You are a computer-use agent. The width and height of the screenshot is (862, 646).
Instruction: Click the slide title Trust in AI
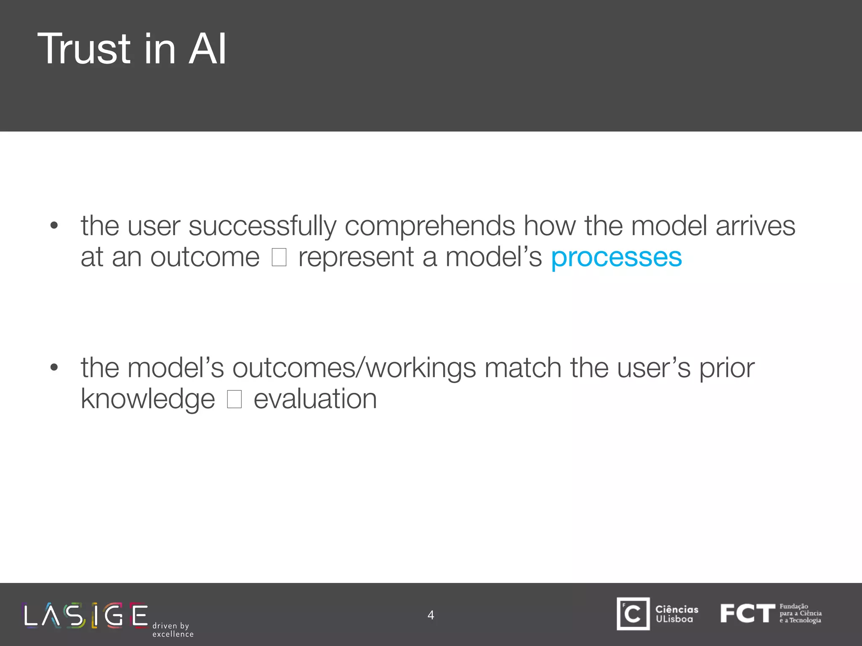[x=132, y=49]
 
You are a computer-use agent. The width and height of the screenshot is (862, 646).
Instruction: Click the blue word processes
[x=616, y=257]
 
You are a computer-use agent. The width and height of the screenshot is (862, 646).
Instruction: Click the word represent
[x=356, y=257]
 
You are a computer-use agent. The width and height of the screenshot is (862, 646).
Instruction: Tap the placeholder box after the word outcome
[x=279, y=257]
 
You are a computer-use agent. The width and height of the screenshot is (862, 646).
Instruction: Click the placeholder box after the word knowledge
[x=234, y=399]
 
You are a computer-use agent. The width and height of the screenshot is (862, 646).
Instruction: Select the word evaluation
[x=315, y=399]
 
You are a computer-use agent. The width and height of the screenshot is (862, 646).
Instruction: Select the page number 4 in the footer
[x=431, y=615]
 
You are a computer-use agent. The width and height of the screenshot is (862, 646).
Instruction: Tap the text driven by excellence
[x=173, y=630]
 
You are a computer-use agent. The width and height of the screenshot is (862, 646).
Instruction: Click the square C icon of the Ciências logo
[x=633, y=614]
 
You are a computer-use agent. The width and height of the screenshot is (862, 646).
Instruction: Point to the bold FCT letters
[x=747, y=613]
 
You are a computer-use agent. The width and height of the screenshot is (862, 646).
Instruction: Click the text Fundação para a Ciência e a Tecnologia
[x=800, y=613]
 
